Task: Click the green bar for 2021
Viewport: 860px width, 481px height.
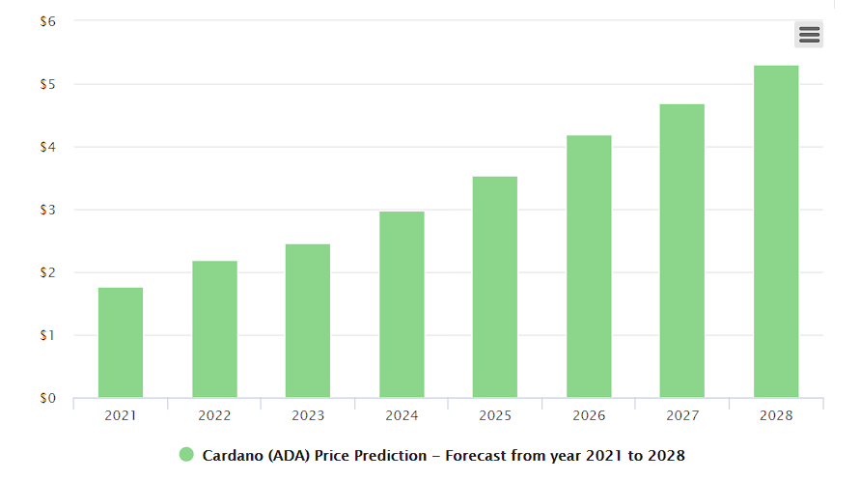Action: click(x=121, y=343)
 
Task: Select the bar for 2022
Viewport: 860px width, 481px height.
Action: click(x=214, y=329)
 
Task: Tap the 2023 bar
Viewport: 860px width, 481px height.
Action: click(x=308, y=321)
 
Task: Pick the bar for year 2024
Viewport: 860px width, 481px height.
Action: click(x=402, y=304)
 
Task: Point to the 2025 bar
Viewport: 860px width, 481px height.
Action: click(x=495, y=287)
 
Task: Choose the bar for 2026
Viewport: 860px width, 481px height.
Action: click(x=589, y=267)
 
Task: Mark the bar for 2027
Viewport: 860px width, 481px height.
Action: click(x=682, y=251)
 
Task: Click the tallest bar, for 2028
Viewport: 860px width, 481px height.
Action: click(x=776, y=232)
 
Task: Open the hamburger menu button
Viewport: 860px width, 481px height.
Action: click(x=809, y=35)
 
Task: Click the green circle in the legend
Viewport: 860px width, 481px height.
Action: click(x=186, y=455)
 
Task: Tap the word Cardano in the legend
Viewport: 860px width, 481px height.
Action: click(x=232, y=455)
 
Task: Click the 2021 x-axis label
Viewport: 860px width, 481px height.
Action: click(x=121, y=415)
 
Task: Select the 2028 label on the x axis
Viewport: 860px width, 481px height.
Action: click(x=776, y=415)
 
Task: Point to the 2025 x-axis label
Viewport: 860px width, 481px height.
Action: click(x=495, y=415)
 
